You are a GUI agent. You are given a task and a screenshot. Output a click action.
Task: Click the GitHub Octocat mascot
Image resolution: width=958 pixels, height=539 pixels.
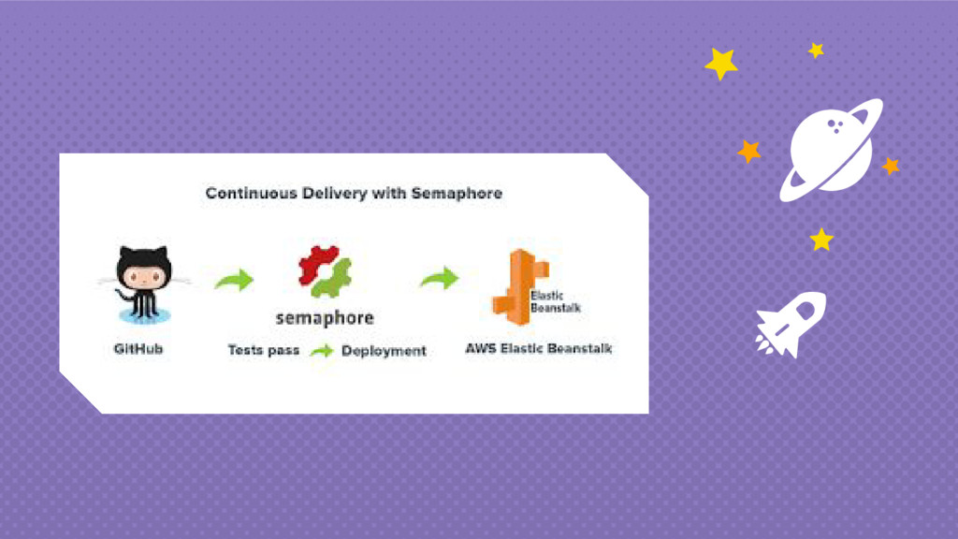click(144, 282)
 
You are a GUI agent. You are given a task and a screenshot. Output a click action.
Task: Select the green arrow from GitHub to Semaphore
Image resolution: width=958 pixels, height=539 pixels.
click(234, 280)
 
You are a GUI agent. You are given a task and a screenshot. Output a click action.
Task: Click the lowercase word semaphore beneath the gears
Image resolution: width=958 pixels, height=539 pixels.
click(325, 318)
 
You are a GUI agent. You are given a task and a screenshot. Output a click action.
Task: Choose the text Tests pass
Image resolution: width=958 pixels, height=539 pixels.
click(264, 351)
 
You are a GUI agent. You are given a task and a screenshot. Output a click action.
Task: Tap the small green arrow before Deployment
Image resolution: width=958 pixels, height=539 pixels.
click(321, 352)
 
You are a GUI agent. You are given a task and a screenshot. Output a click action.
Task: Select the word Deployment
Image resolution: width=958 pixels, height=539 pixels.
click(384, 351)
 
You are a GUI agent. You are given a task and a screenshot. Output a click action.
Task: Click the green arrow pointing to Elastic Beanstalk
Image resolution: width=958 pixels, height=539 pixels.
click(439, 278)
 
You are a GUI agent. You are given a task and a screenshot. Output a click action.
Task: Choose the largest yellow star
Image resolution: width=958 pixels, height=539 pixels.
click(720, 64)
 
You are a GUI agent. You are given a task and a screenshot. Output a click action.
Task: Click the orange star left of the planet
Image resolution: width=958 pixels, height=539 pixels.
click(748, 151)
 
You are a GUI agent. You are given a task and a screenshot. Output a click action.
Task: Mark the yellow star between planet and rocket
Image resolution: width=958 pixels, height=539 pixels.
click(821, 240)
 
